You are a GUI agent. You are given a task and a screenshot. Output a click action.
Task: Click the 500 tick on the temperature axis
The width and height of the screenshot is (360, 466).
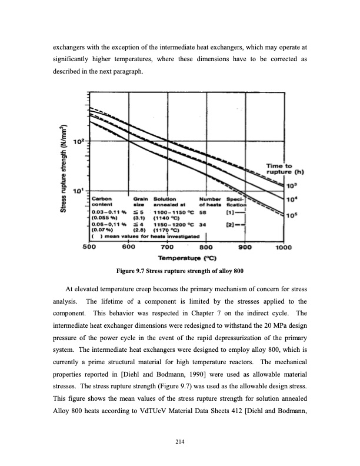(x=88, y=247)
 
